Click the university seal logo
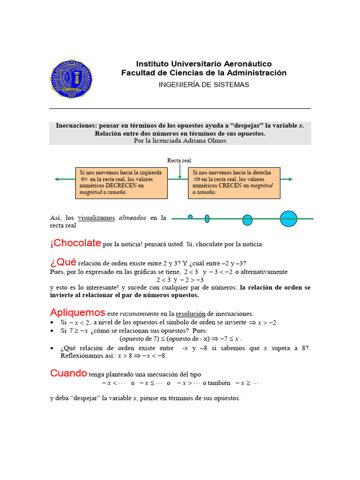71,79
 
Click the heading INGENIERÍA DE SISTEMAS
204,85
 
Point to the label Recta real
179,161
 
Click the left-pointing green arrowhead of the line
56,179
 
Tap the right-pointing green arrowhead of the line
290,179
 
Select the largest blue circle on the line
289,218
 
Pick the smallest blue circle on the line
190,217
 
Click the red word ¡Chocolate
75,243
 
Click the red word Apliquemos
77,312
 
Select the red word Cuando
68,373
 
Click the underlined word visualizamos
96,218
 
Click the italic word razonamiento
140,314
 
